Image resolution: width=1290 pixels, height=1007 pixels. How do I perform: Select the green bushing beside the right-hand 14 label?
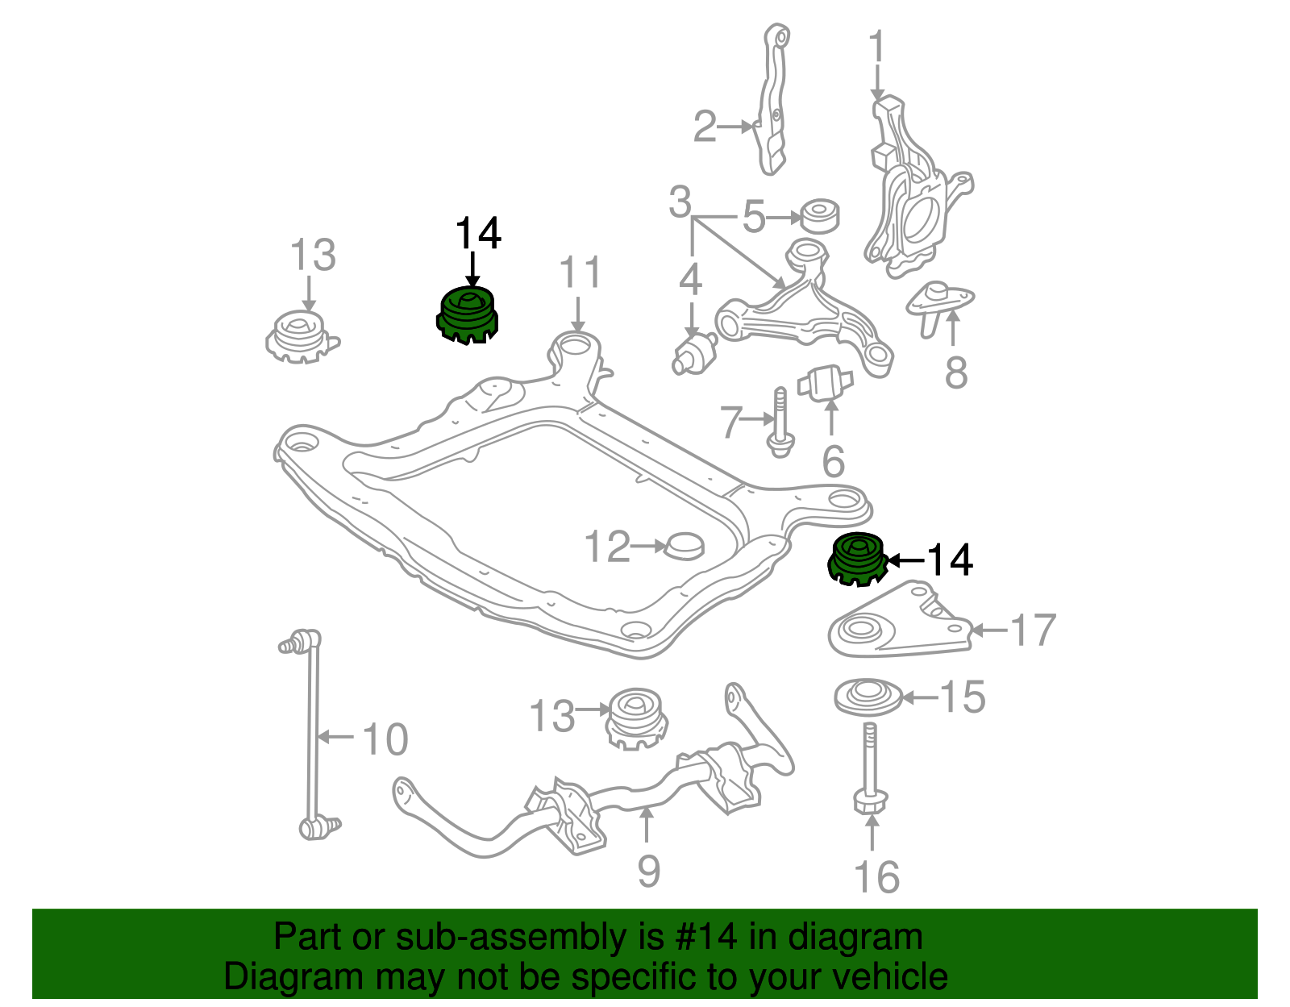click(x=858, y=559)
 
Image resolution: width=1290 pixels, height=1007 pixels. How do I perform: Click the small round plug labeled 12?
click(x=684, y=546)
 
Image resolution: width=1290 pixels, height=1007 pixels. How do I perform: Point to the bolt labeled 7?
click(x=780, y=423)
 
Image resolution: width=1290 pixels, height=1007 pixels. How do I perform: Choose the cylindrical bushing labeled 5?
click(x=819, y=215)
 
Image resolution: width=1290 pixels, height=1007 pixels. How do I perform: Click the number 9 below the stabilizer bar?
click(x=648, y=872)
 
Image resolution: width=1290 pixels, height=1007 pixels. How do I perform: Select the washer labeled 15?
click(x=868, y=697)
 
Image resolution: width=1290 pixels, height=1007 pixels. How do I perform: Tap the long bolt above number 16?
click(x=869, y=766)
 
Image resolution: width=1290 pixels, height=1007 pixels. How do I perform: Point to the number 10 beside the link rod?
click(x=385, y=739)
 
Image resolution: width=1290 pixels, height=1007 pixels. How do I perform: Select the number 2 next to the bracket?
click(x=705, y=127)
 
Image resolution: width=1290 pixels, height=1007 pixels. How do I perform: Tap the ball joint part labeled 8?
click(x=939, y=303)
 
